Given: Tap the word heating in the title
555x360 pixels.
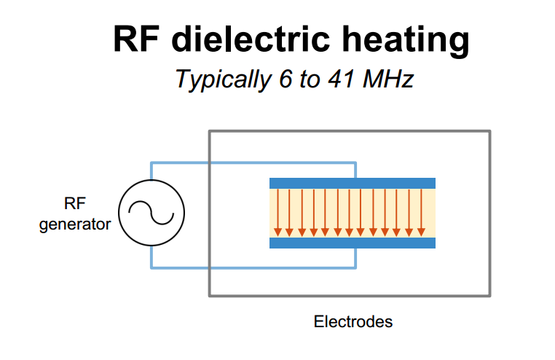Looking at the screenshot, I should (x=403, y=40).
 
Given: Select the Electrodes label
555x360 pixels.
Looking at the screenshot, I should (x=353, y=321).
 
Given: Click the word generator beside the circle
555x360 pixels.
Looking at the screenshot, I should (x=75, y=224).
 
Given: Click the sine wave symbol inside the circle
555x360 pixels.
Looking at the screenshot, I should (x=151, y=213).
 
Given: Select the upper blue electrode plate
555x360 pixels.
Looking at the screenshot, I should (x=352, y=183).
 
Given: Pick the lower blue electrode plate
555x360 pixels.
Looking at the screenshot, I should (x=352, y=243).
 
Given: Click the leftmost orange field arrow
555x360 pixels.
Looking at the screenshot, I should (x=277, y=212).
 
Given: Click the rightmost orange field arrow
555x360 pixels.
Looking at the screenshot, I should (x=420, y=212).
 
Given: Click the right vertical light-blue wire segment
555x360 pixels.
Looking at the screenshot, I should (x=355, y=169).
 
